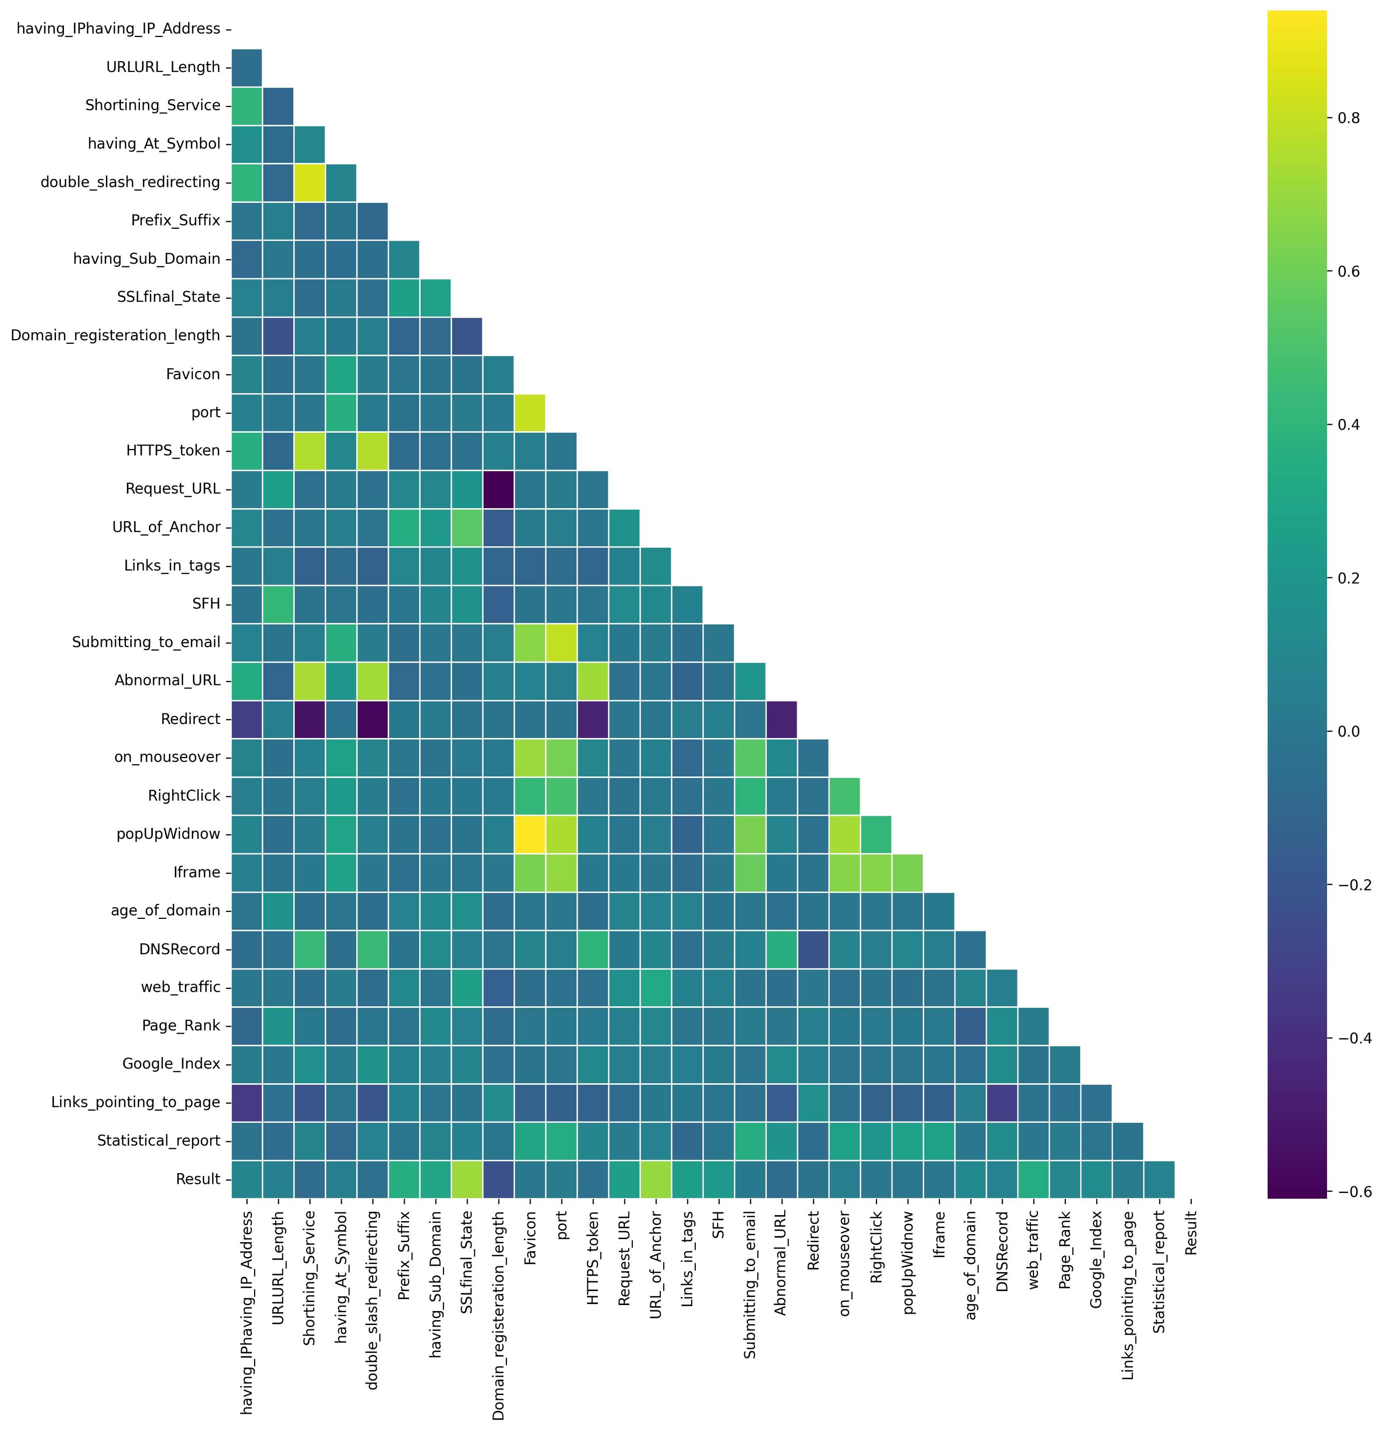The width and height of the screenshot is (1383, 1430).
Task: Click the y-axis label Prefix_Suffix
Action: pyautogui.click(x=175, y=220)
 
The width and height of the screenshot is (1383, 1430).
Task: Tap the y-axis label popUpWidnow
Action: pyautogui.click(x=168, y=833)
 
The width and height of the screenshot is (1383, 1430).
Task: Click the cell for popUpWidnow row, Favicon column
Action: pyautogui.click(x=529, y=833)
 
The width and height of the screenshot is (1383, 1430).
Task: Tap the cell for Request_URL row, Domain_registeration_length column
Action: pyautogui.click(x=497, y=488)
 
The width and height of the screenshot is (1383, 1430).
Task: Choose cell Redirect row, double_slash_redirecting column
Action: pyautogui.click(x=372, y=718)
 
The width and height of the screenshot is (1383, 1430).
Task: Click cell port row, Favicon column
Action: pyautogui.click(x=529, y=412)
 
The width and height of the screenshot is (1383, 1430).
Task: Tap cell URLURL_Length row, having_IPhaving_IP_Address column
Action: pyautogui.click(x=247, y=66)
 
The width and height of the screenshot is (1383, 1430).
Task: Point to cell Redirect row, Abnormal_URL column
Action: pyautogui.click(x=781, y=718)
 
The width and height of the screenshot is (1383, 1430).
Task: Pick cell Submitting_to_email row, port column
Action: pyautogui.click(x=561, y=642)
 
